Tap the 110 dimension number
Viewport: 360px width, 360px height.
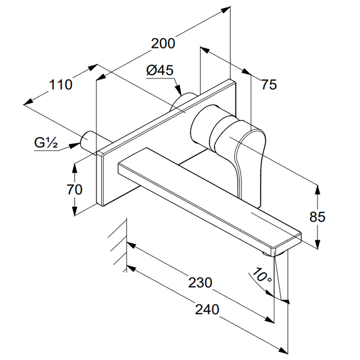[61, 84]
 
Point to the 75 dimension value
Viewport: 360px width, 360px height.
[268, 85]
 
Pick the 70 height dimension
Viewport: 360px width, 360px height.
[75, 189]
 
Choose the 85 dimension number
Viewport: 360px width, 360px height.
[317, 217]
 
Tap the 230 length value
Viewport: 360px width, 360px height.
[200, 282]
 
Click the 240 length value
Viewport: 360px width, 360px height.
[207, 309]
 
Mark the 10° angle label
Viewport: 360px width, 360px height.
[263, 277]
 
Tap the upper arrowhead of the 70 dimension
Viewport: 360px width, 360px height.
[75, 167]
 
